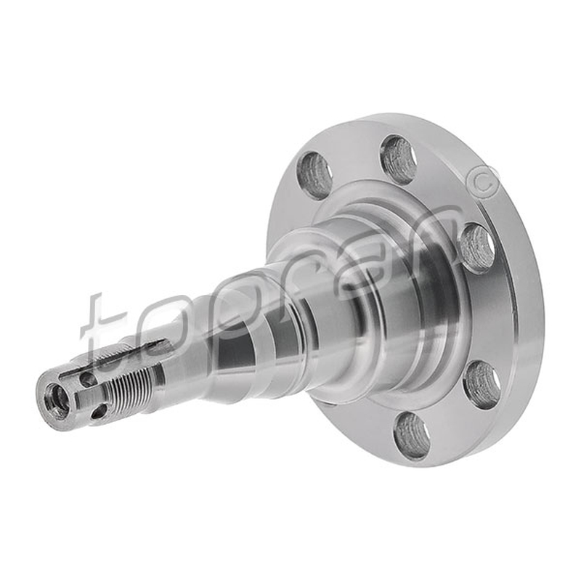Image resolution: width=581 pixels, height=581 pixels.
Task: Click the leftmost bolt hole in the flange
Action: click(x=314, y=173)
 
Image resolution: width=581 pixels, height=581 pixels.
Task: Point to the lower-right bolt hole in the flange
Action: click(x=482, y=385)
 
